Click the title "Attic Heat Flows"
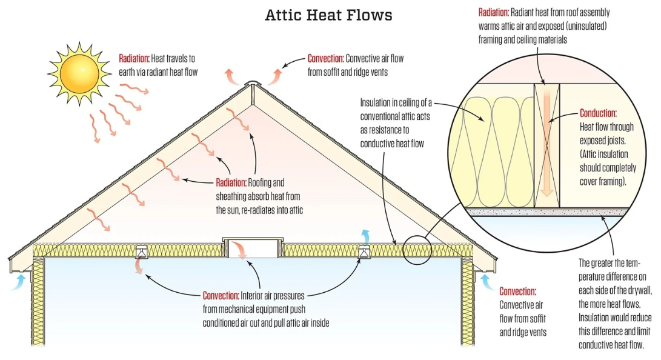click(x=328, y=15)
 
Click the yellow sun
click(x=79, y=74)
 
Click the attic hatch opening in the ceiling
click(x=253, y=248)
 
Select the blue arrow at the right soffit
click(x=488, y=282)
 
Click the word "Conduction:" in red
click(x=598, y=113)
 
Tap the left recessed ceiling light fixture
click(x=141, y=252)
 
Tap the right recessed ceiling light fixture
click(x=364, y=252)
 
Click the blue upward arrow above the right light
click(x=366, y=236)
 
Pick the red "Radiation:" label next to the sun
click(x=134, y=59)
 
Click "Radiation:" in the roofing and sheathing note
click(x=231, y=182)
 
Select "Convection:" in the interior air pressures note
click(x=221, y=296)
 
